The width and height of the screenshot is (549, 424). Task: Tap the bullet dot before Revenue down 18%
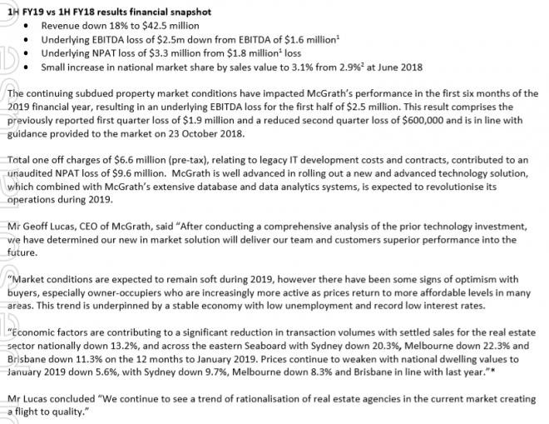click(31, 25)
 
